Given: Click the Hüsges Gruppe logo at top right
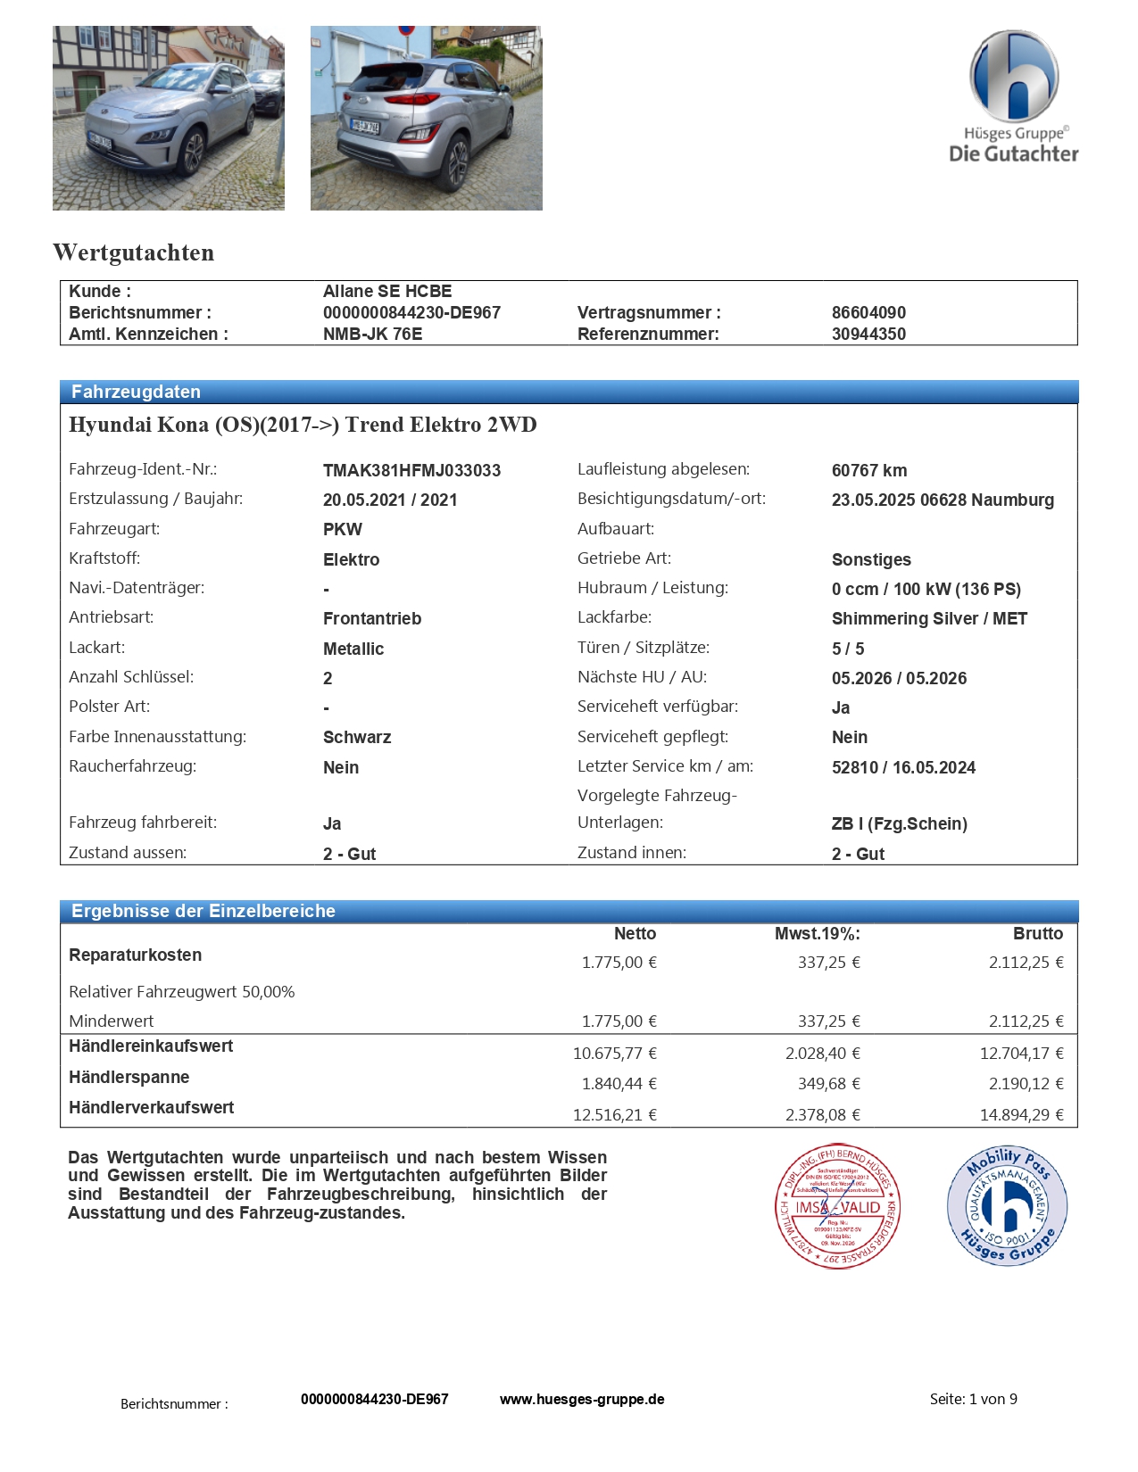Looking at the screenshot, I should (1014, 96).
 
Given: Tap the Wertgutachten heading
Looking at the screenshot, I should (134, 252).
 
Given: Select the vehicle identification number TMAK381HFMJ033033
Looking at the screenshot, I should (411, 470).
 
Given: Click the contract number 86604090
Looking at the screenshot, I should (868, 312).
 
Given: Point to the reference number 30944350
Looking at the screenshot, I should (868, 334).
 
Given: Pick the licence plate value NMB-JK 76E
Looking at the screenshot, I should (372, 334).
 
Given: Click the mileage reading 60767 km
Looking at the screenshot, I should (868, 470).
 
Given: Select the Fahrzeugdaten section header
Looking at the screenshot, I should (136, 392).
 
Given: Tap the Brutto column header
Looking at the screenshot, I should (1037, 933).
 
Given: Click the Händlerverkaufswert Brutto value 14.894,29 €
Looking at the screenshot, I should (1021, 1114).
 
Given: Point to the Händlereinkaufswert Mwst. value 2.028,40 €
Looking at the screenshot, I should (822, 1053).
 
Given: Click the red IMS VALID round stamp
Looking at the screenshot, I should (837, 1206).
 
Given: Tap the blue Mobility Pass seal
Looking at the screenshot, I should (1008, 1204).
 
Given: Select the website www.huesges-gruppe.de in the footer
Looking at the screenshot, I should (582, 1399).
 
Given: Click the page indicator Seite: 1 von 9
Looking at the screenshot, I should (973, 1399).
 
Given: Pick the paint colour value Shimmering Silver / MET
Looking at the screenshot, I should (929, 618).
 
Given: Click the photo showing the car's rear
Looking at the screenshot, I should (426, 118).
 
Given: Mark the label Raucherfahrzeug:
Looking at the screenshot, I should (132, 766).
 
